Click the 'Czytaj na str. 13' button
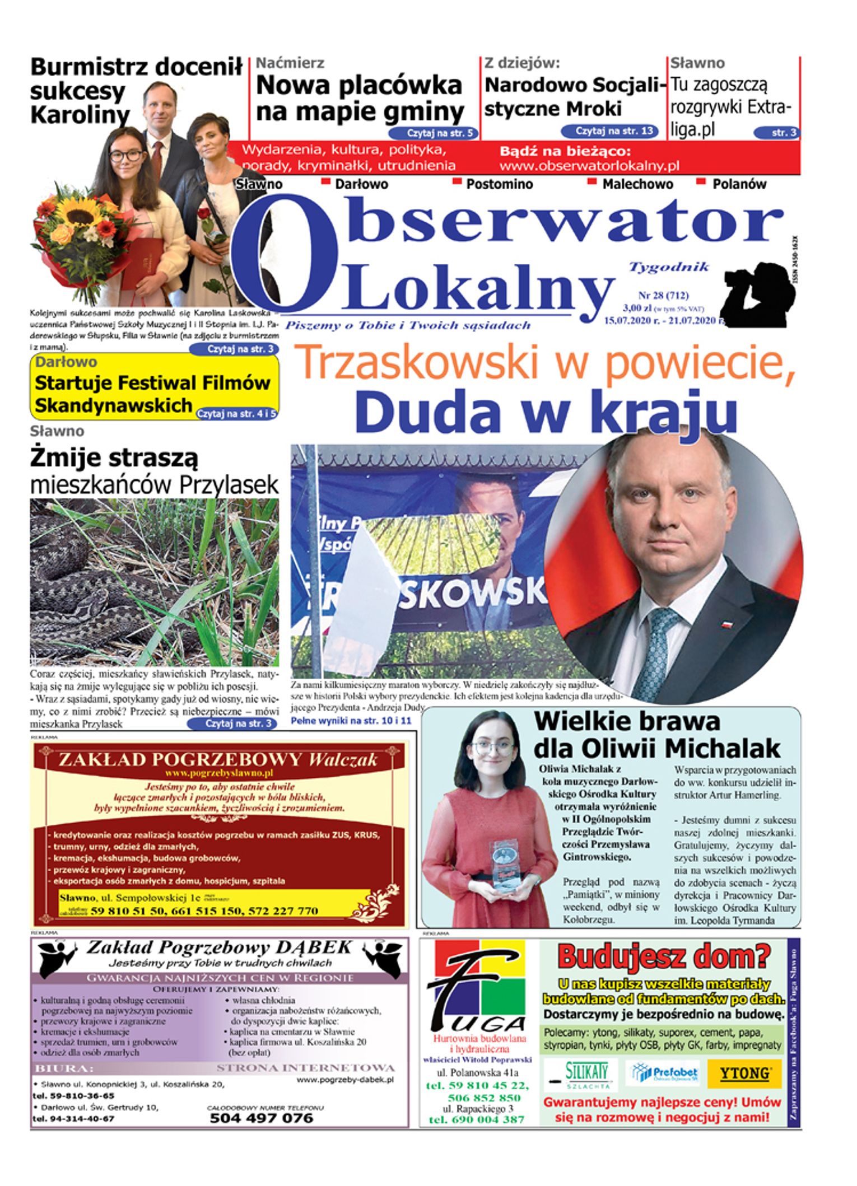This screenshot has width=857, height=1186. pos(609,131)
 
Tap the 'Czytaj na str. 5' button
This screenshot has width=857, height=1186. pos(434,133)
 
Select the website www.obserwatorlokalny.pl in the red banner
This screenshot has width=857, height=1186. pos(589,166)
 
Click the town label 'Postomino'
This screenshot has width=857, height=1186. pos(500,184)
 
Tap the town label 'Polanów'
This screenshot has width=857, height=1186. pos(739,184)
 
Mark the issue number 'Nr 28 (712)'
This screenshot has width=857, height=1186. pos(663,295)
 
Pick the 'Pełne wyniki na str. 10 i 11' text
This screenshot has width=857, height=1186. pos(351,721)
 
